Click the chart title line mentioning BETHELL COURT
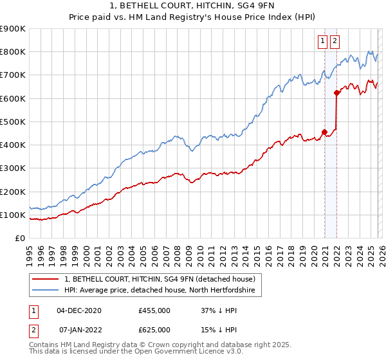click(x=192, y=5)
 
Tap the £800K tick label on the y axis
click(x=12, y=52)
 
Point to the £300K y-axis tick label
click(x=12, y=168)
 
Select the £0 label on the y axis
click(x=20, y=239)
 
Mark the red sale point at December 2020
click(x=324, y=132)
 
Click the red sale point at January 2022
click(x=336, y=93)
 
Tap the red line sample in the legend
click(x=46, y=279)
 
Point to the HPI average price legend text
click(x=160, y=291)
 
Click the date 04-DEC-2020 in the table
click(x=79, y=310)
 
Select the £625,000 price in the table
click(x=154, y=330)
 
